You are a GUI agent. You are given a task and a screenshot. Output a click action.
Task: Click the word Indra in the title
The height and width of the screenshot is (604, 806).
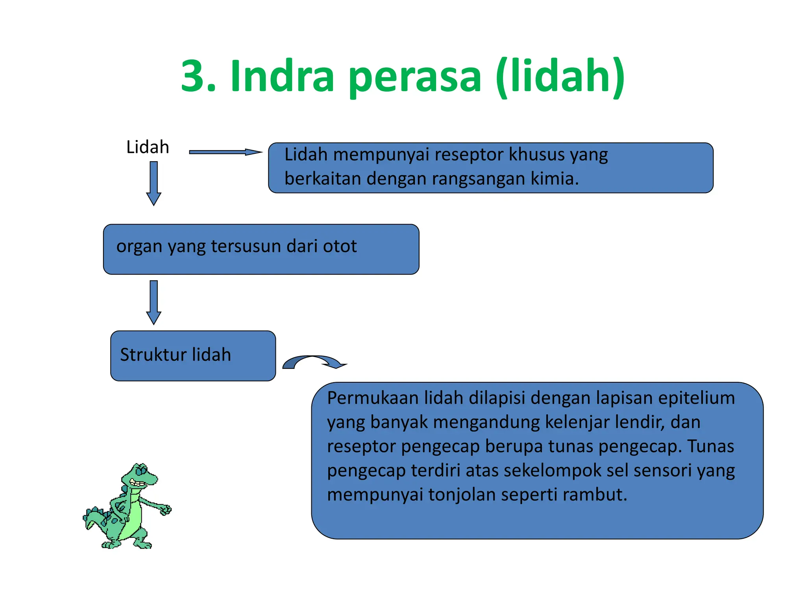[x=282, y=75]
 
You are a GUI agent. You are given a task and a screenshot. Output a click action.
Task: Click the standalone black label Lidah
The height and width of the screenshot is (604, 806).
[x=148, y=147]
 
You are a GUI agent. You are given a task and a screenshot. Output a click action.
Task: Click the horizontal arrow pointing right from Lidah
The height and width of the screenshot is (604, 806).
[x=225, y=152]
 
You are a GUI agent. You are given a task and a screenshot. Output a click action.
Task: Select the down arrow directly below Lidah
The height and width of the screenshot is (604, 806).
[x=153, y=183]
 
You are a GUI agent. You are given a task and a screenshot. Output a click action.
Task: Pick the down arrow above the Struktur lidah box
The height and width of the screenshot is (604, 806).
[x=153, y=302]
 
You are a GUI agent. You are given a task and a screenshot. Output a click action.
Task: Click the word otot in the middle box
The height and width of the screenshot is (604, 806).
[x=340, y=246]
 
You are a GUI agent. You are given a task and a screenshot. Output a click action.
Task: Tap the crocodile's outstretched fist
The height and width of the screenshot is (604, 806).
[x=165, y=510]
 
